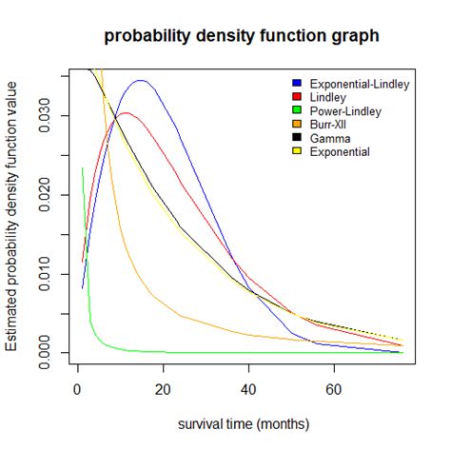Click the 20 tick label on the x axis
[x=163, y=388]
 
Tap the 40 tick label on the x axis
[x=248, y=388]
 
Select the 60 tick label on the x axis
[x=333, y=388]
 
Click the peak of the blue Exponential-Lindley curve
[x=141, y=81]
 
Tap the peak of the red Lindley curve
[x=124, y=113]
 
